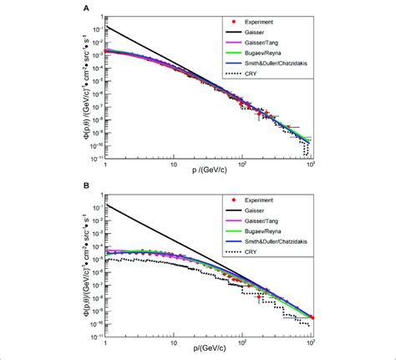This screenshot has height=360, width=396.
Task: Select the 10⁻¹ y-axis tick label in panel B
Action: click(96, 206)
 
